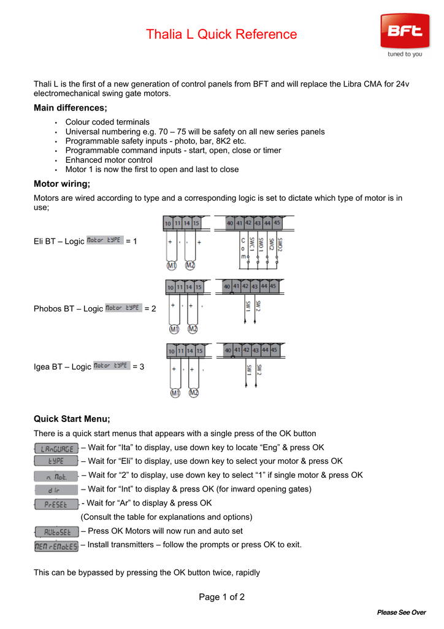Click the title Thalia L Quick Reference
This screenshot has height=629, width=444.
(x=221, y=34)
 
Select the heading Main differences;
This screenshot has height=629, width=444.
(x=70, y=108)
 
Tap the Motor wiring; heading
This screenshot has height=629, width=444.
(x=61, y=184)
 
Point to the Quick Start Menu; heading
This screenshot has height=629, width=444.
(x=72, y=419)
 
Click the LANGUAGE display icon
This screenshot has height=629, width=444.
(x=56, y=448)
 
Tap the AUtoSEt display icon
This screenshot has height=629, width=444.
(x=56, y=531)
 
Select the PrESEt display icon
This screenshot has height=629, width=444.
(x=56, y=504)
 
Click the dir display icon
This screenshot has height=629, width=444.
(x=56, y=490)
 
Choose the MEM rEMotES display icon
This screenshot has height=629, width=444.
(x=56, y=545)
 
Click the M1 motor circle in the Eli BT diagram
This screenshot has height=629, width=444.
(x=172, y=265)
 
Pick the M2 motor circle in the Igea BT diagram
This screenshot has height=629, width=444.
(x=193, y=393)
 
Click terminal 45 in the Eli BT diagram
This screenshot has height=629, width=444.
(x=277, y=224)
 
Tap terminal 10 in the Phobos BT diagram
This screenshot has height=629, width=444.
(x=170, y=287)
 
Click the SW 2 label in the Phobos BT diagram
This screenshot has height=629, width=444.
(x=258, y=305)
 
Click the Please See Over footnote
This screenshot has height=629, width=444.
(x=401, y=612)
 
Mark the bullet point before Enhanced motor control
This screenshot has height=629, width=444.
(x=55, y=160)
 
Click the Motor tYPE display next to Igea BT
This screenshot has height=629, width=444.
(x=111, y=365)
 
